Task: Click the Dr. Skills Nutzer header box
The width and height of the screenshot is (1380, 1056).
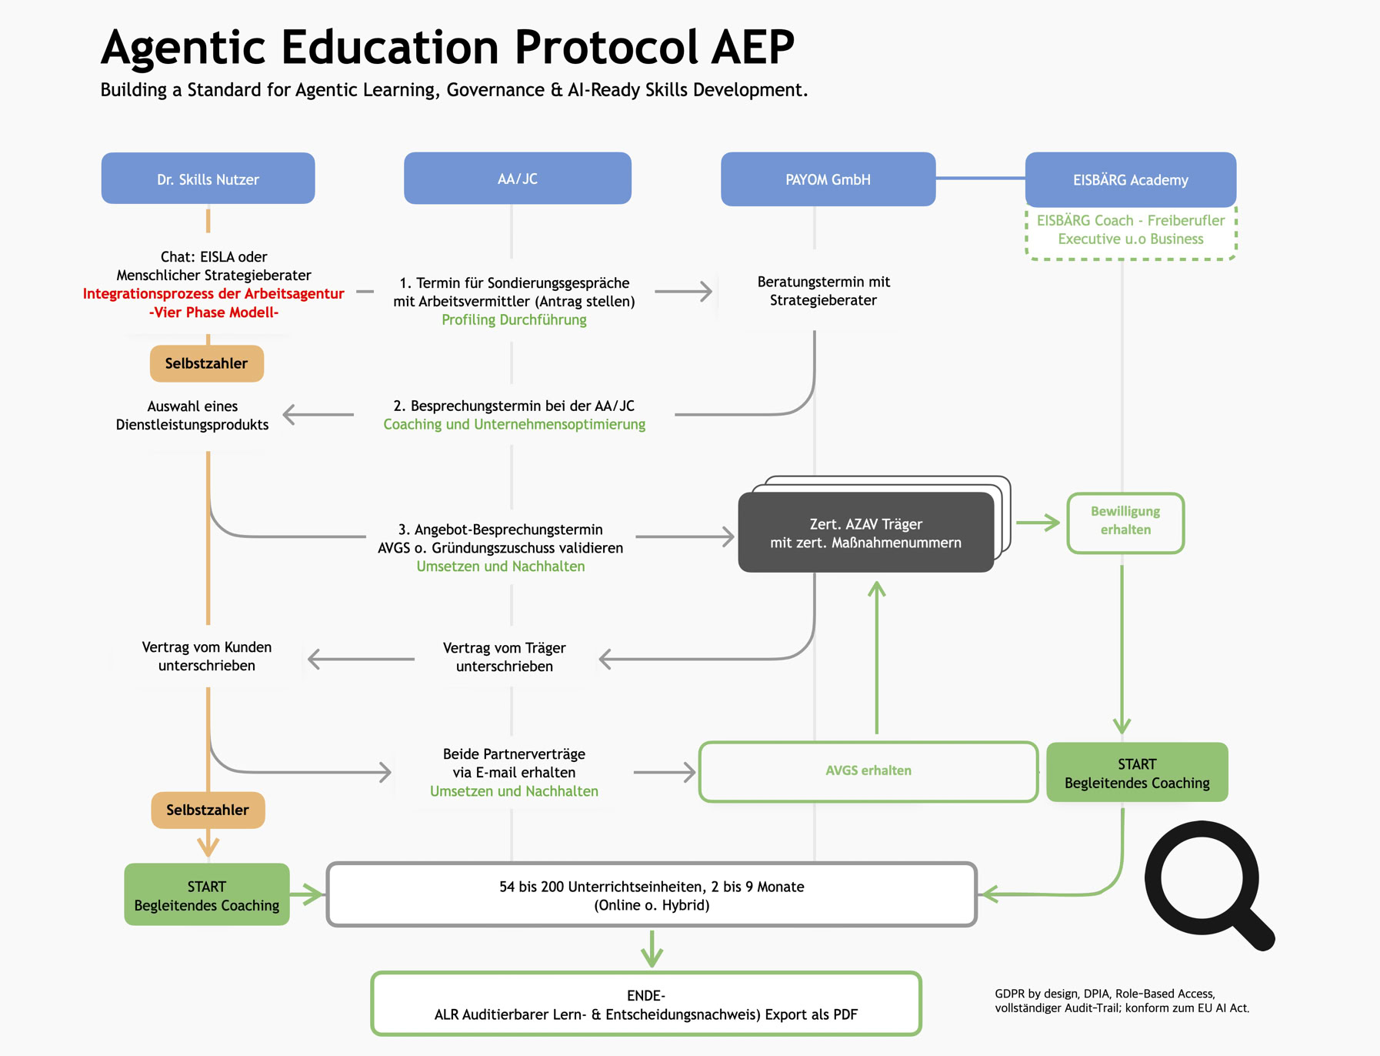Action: click(x=208, y=179)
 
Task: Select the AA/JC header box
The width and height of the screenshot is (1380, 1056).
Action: click(x=517, y=179)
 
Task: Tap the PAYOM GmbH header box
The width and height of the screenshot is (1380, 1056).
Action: click(x=828, y=179)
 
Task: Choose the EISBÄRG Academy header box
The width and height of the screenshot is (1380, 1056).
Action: click(x=1130, y=179)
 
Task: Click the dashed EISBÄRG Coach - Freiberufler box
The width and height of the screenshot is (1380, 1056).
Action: click(x=1130, y=230)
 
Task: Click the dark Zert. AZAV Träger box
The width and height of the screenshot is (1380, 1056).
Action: click(x=865, y=533)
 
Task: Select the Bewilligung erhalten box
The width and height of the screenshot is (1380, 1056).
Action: click(x=1125, y=521)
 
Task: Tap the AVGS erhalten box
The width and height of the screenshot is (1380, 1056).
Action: click(x=868, y=770)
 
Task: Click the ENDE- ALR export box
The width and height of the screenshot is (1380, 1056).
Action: click(x=645, y=1004)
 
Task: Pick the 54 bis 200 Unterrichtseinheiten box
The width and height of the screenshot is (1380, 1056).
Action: click(x=652, y=895)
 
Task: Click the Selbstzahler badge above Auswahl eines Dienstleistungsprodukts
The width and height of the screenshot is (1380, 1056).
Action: click(x=206, y=363)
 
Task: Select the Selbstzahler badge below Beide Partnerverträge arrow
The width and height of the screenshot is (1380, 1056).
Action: click(x=208, y=810)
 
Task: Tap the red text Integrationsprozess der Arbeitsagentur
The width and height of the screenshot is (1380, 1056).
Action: click(x=213, y=294)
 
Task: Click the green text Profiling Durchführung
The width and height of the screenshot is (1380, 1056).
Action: click(x=514, y=320)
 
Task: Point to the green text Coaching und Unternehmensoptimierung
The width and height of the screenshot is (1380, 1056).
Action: click(x=514, y=425)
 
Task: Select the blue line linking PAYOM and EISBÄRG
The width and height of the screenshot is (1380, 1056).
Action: click(x=980, y=178)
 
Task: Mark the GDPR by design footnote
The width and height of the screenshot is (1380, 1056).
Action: click(x=1122, y=1001)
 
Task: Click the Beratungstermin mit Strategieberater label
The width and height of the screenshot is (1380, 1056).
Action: click(x=823, y=291)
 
